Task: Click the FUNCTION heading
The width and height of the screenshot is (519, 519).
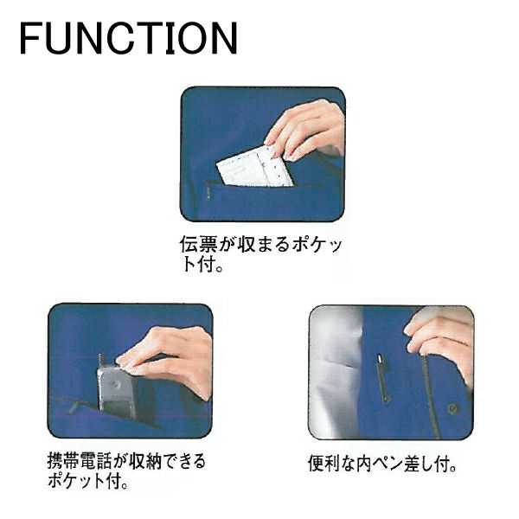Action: (x=129, y=38)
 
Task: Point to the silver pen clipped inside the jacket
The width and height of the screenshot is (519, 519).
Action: (x=382, y=378)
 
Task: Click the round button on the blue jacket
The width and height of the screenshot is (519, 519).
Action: (x=453, y=408)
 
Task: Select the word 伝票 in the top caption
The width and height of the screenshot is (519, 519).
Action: (x=198, y=244)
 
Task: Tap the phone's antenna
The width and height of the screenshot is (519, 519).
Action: (x=101, y=360)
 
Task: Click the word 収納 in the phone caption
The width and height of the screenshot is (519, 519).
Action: (x=144, y=461)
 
